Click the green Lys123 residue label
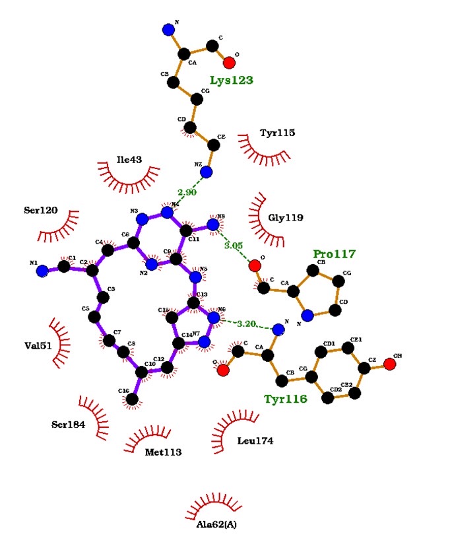232,81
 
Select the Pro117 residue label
335,254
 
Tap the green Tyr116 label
285,399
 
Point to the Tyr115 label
277,133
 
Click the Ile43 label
129,159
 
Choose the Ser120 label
41,211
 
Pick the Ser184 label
69,425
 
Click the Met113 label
163,452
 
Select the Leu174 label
255,440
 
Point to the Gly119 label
285,218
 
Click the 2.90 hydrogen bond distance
187,192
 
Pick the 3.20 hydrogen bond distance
247,324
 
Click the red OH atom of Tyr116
389,364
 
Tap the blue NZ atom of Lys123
207,172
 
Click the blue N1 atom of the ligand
42,271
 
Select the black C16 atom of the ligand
133,399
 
